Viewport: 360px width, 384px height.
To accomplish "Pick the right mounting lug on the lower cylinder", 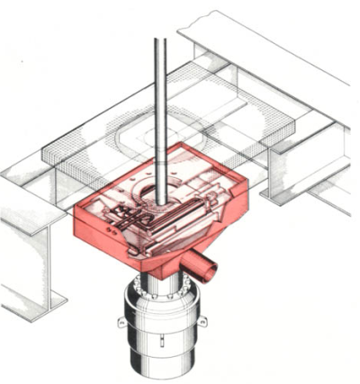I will [202, 320].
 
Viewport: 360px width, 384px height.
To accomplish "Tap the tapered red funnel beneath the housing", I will [162, 263].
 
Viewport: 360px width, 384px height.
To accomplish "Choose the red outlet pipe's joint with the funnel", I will [189, 261].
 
